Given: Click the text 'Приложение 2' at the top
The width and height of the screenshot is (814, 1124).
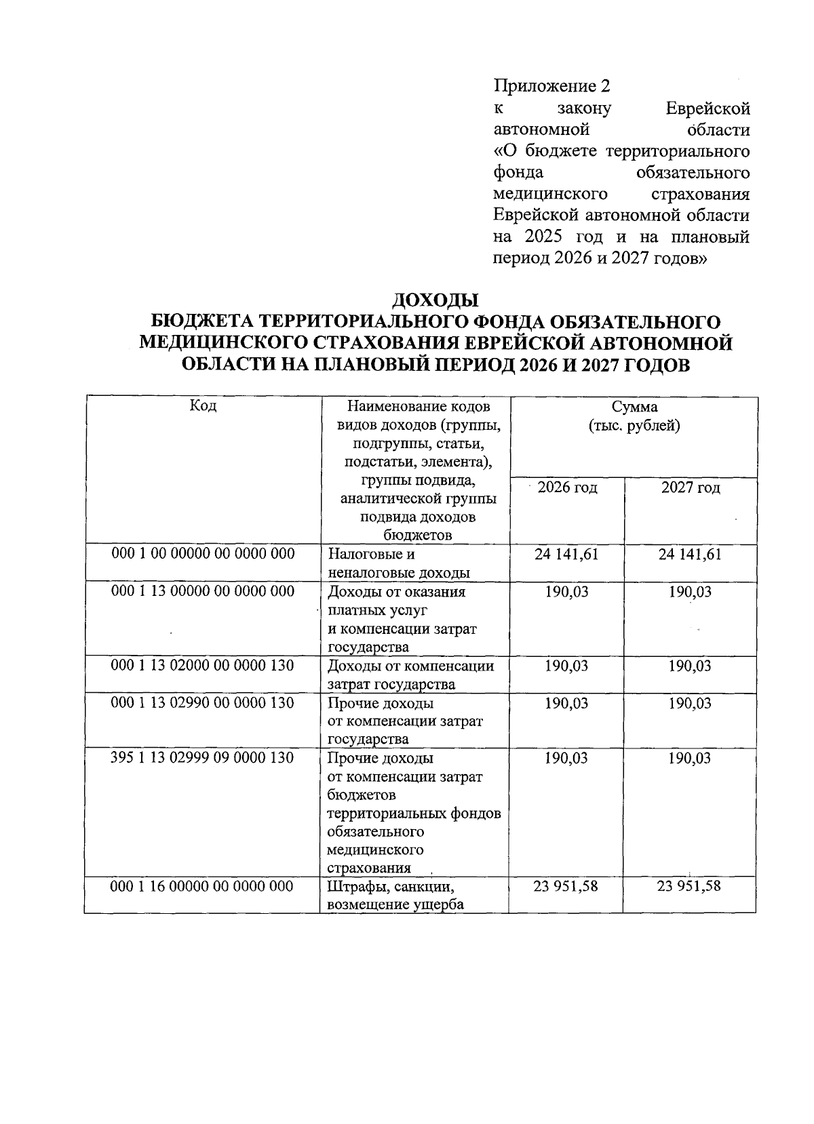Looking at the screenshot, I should pyautogui.click(x=551, y=86).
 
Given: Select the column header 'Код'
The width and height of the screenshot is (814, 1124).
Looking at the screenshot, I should pyautogui.click(x=203, y=406).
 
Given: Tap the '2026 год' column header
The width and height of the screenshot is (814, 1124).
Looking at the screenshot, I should pyautogui.click(x=567, y=487).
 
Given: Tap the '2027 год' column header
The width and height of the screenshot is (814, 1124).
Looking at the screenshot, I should pyautogui.click(x=691, y=487).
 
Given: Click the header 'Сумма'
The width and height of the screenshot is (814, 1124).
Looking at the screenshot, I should pyautogui.click(x=634, y=407).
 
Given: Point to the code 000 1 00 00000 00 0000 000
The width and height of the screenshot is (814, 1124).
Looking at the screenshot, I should pyautogui.click(x=203, y=554).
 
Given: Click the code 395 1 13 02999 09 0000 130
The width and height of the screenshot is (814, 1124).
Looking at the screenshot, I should pyautogui.click(x=202, y=758).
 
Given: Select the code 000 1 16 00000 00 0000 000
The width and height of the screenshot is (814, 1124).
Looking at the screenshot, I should pyautogui.click(x=202, y=886).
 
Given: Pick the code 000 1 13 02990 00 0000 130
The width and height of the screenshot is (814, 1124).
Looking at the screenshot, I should pyautogui.click(x=202, y=703).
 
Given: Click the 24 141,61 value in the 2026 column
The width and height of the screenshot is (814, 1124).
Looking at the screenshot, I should pyautogui.click(x=566, y=555).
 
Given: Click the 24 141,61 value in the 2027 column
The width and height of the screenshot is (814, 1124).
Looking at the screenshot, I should pyautogui.click(x=690, y=555).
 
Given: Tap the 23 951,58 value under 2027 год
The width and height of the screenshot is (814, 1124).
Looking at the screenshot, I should pyautogui.click(x=689, y=885).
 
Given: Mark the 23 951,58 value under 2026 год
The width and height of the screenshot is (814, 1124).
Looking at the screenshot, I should pyautogui.click(x=566, y=886).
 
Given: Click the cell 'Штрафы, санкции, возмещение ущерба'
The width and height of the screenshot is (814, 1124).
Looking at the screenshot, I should pyautogui.click(x=395, y=895).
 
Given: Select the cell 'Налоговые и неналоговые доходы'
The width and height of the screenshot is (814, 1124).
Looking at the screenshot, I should pyautogui.click(x=399, y=563).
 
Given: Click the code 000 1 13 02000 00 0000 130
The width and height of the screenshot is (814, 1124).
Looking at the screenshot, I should pyautogui.click(x=202, y=666).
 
